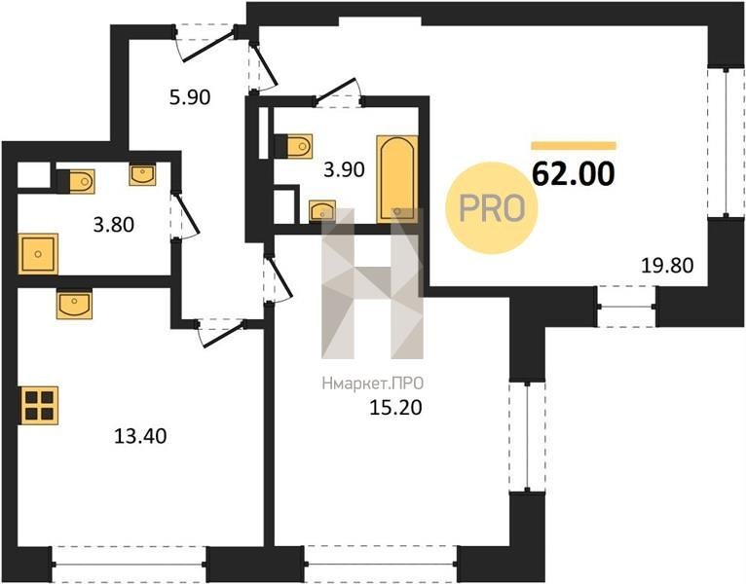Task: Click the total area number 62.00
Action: pyautogui.click(x=574, y=174)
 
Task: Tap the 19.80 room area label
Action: pyautogui.click(x=667, y=266)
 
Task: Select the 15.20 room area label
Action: pyautogui.click(x=395, y=408)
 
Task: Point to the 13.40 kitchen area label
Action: pyautogui.click(x=140, y=436)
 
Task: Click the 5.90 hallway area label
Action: pyautogui.click(x=190, y=97)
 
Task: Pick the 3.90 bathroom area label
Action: pyautogui.click(x=344, y=169)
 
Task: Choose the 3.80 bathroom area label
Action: pyautogui.click(x=114, y=225)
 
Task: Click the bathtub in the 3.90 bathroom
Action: pyautogui.click(x=397, y=179)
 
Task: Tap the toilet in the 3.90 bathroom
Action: pyautogui.click(x=296, y=146)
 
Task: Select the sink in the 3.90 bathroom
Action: pyautogui.click(x=322, y=210)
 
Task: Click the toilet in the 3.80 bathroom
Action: pyautogui.click(x=78, y=181)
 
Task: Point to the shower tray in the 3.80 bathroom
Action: pyautogui.click(x=38, y=254)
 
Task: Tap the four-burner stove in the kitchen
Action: pyautogui.click(x=39, y=405)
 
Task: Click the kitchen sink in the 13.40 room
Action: pyautogui.click(x=74, y=304)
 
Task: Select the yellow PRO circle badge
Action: pyautogui.click(x=492, y=208)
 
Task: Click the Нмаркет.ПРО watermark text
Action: pyautogui.click(x=373, y=383)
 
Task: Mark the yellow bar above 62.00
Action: pyautogui.click(x=574, y=146)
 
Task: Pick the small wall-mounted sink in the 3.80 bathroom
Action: pyautogui.click(x=142, y=174)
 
